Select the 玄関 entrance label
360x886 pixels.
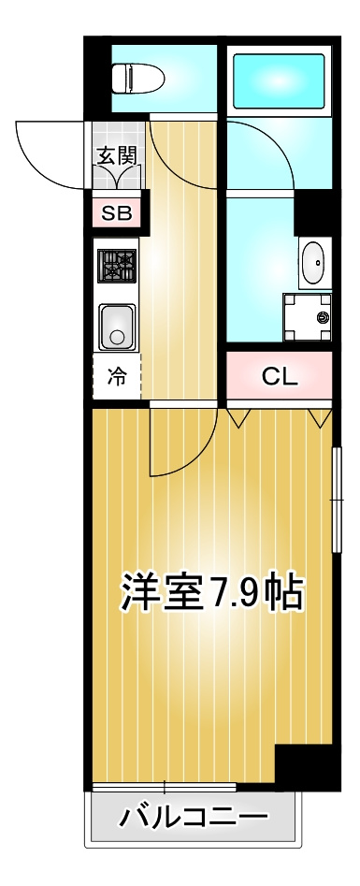coord(117,155)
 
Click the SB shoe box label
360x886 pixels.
coord(117,213)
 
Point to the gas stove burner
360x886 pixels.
coord(117,265)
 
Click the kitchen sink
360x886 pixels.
coord(117,327)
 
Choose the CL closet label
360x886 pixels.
coord(280,377)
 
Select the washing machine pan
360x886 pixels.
coord(307,317)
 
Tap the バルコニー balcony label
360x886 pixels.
coord(194,817)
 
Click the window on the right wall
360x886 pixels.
coord(338,500)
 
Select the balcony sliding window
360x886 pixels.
coord(164,787)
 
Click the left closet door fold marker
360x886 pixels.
coord(238,416)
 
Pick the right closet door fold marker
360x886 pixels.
coord(321,416)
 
